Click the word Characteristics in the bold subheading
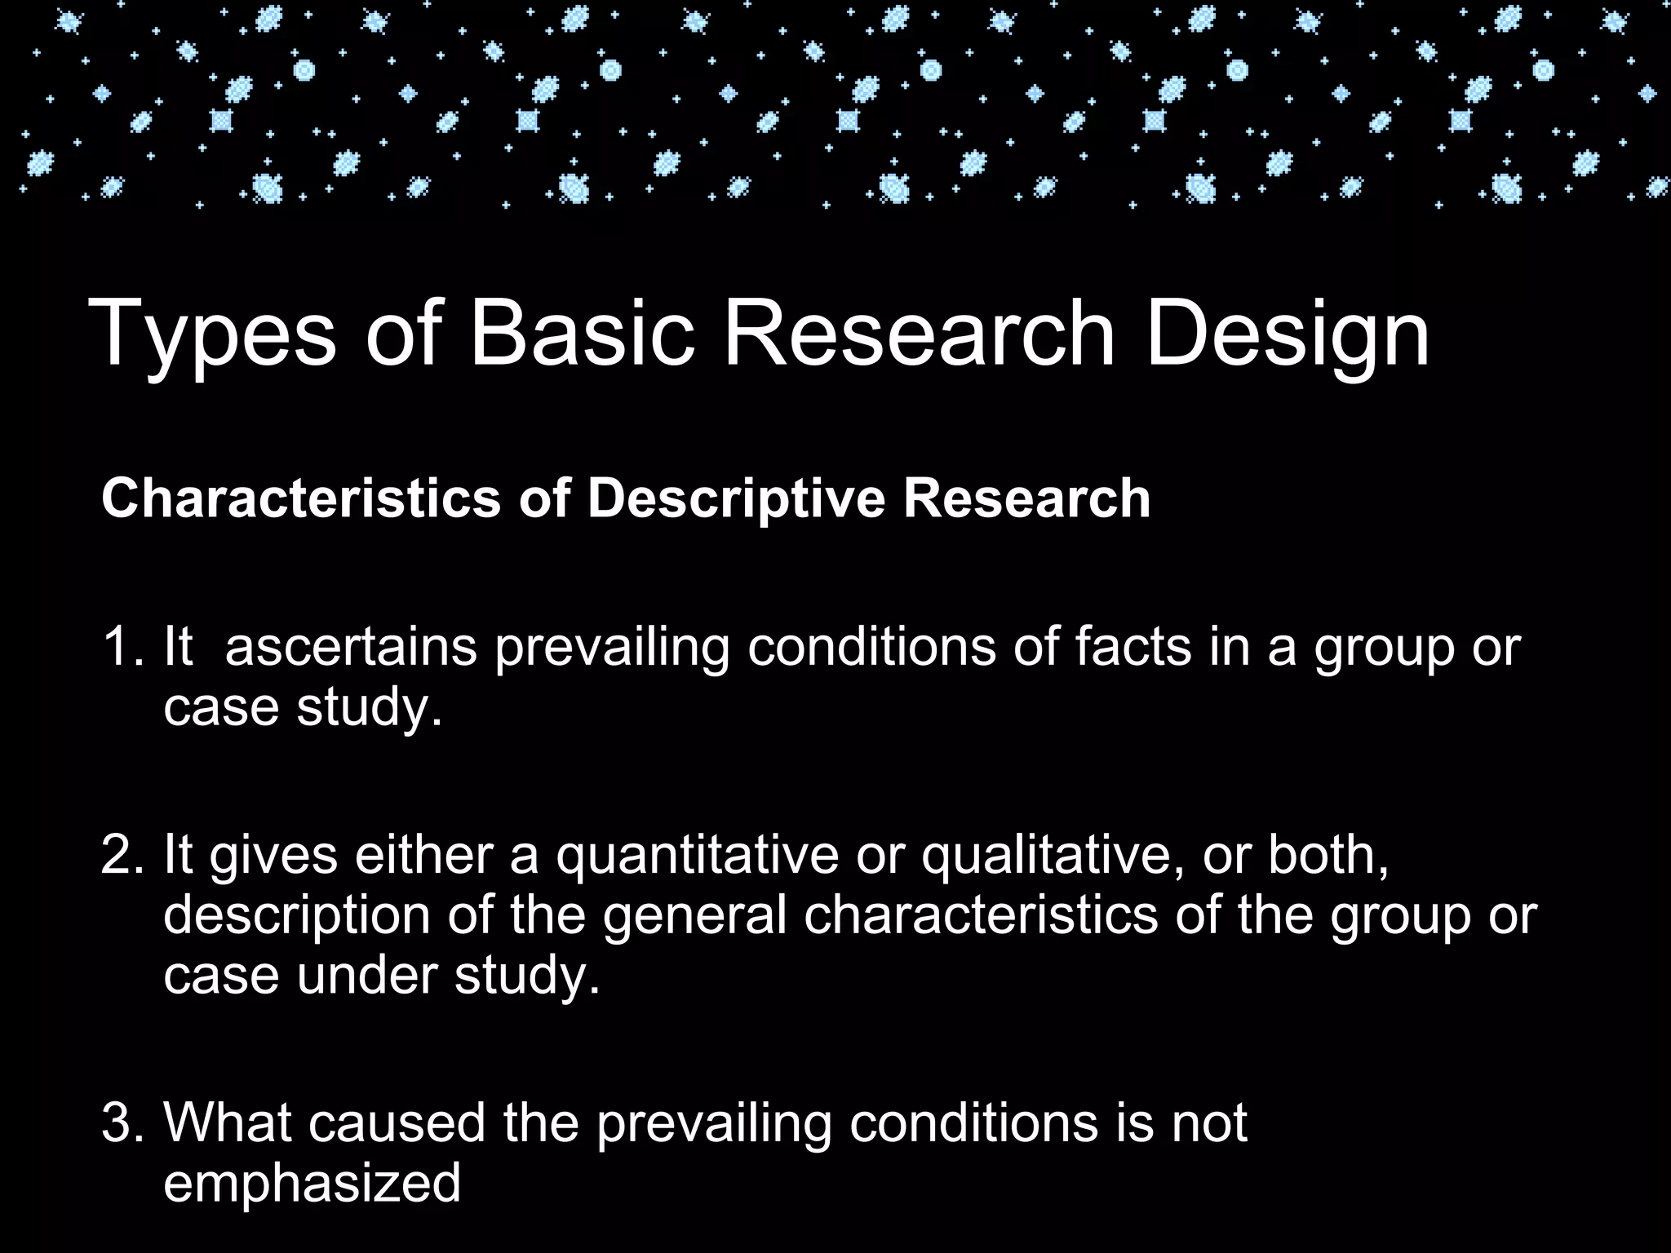[300, 498]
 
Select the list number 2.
[122, 856]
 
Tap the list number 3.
[122, 1123]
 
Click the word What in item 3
[228, 1123]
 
